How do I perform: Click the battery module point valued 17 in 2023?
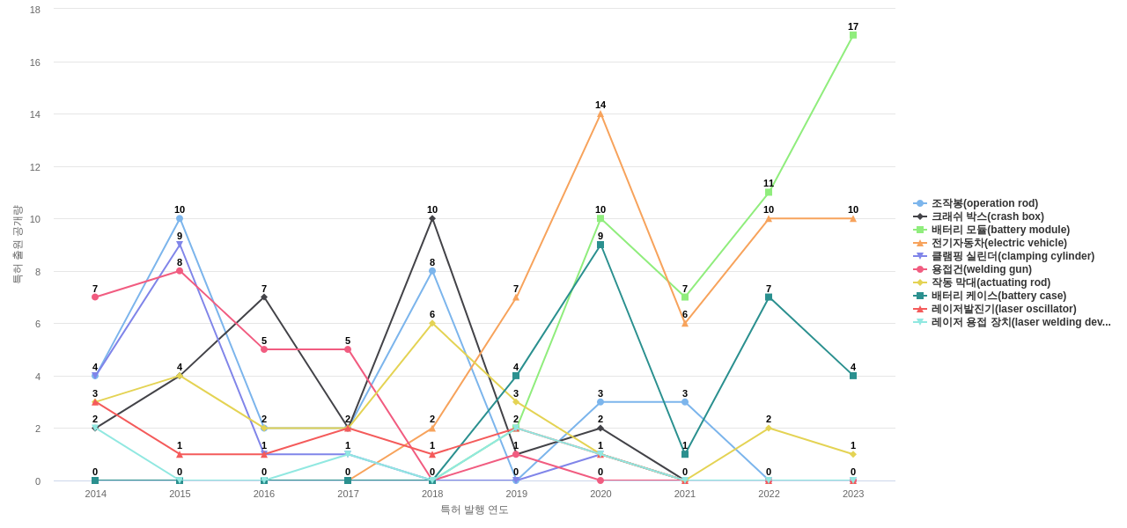[x=853, y=35]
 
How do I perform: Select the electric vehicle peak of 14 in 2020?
[x=600, y=114]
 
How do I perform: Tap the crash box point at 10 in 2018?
[x=432, y=218]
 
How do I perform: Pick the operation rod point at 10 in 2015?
[x=180, y=218]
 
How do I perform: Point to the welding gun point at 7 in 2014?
[x=95, y=297]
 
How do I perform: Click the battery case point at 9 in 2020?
[x=600, y=245]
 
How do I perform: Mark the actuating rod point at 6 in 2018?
[x=432, y=323]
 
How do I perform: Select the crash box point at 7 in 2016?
[x=264, y=297]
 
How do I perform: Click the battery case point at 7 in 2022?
[x=769, y=297]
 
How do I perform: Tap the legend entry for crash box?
[x=987, y=216]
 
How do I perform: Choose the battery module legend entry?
[x=1000, y=230]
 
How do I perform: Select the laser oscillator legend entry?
[x=1003, y=309]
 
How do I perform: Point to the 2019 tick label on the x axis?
[x=517, y=494]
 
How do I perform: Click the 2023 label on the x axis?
[x=853, y=494]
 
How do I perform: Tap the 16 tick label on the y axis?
[x=35, y=62]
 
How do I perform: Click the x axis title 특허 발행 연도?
[x=475, y=510]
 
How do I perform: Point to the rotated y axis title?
[x=17, y=245]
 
